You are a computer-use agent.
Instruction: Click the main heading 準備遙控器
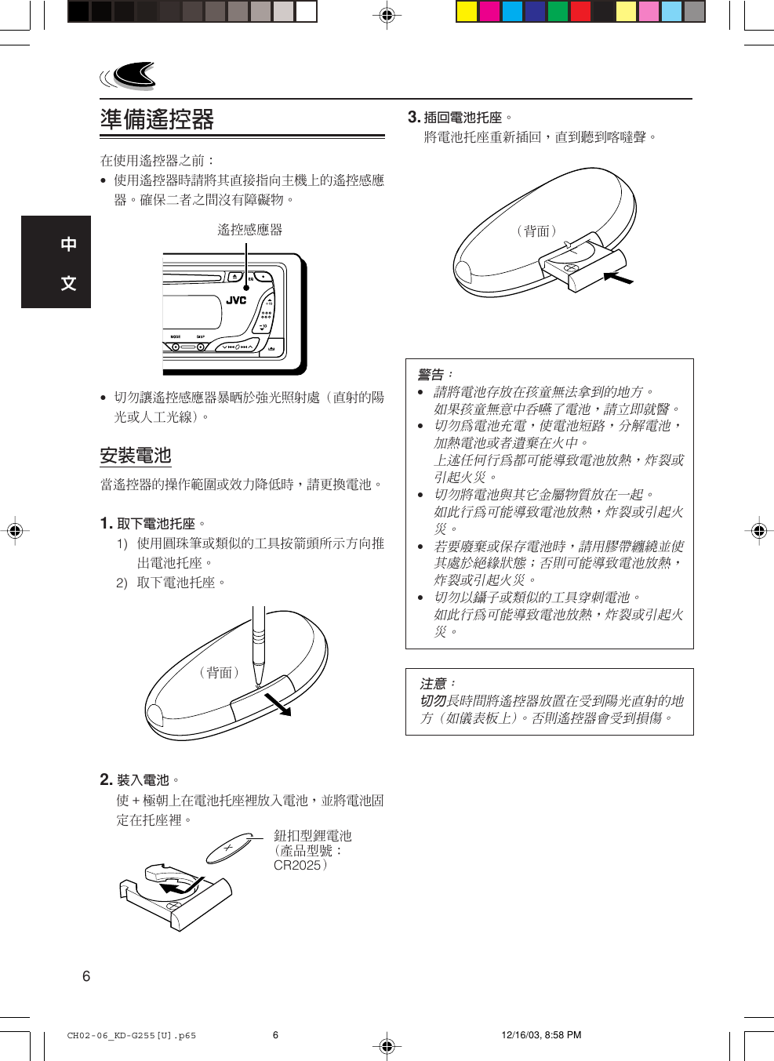click(x=157, y=119)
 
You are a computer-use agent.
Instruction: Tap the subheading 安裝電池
click(x=135, y=456)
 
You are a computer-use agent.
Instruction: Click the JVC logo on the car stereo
click(x=236, y=300)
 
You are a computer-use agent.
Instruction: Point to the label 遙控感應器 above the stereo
click(x=249, y=230)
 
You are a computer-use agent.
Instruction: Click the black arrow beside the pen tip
click(x=278, y=704)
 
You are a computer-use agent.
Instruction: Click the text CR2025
click(x=297, y=866)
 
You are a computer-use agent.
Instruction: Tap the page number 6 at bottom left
click(x=86, y=976)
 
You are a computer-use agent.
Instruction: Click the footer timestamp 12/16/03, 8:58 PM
click(x=541, y=1035)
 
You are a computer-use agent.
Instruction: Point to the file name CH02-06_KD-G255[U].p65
click(x=132, y=1036)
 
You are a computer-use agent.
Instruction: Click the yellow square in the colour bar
click(x=467, y=11)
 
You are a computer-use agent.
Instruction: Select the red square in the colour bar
click(x=580, y=11)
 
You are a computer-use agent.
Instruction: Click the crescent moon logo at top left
click(x=132, y=75)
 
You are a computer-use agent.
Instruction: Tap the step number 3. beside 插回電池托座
click(x=414, y=117)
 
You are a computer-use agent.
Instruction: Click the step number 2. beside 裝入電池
click(x=106, y=779)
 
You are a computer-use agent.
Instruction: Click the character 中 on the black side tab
click(x=69, y=244)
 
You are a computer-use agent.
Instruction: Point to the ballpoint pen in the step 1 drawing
click(x=258, y=643)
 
